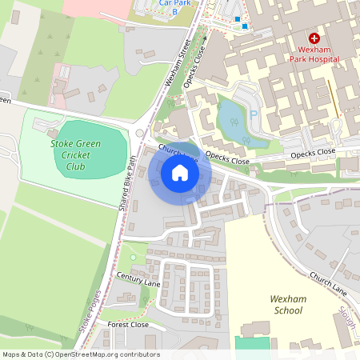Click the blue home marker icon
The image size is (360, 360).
180,173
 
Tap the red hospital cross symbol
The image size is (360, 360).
314,38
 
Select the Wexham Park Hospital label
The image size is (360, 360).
314,54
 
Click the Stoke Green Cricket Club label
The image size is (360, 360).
78,155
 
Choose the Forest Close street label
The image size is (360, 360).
128,325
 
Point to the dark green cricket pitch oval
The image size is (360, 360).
90,150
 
